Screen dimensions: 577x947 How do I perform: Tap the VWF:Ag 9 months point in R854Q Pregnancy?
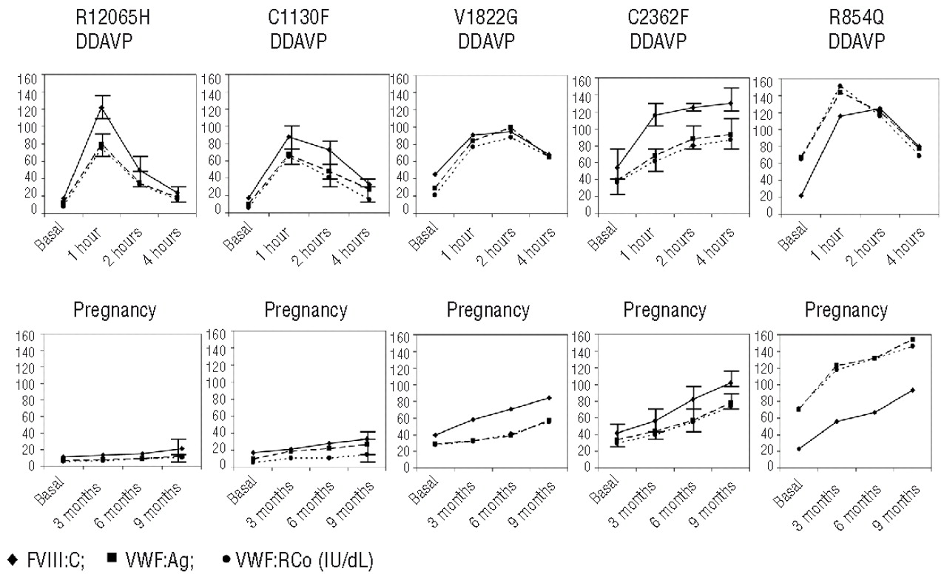(x=912, y=340)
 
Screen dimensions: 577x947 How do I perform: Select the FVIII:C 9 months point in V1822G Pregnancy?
(x=548, y=398)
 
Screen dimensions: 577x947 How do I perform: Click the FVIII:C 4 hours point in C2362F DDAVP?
(x=730, y=104)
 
